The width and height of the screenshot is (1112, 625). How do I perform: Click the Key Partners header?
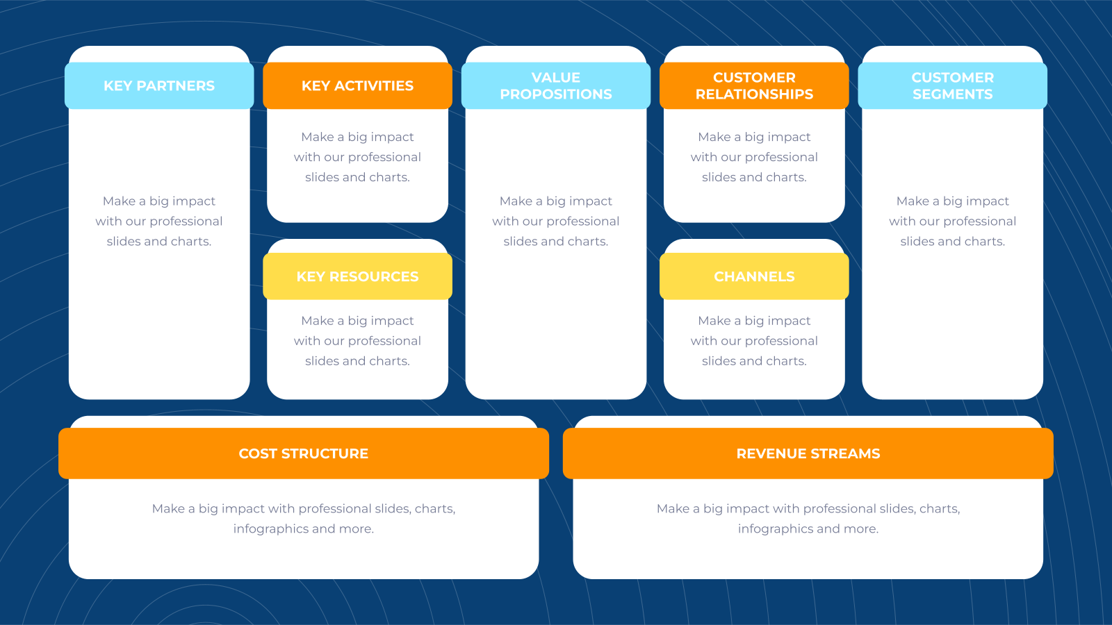[159, 85]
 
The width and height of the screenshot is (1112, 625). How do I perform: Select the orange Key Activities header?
[357, 85]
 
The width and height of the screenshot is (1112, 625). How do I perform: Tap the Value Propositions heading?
[556, 85]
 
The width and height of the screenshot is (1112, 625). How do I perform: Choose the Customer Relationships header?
[754, 85]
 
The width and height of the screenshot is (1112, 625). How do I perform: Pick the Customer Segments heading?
[953, 85]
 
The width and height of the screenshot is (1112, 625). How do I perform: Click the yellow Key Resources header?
[357, 276]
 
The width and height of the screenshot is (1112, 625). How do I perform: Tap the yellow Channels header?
[754, 276]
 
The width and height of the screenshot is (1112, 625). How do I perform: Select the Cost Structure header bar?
[304, 453]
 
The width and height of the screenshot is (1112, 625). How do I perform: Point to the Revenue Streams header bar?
[808, 453]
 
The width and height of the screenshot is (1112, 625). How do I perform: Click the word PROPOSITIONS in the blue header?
[556, 94]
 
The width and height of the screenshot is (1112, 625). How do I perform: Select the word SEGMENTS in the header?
[953, 94]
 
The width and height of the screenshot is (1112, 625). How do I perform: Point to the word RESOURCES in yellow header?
[374, 276]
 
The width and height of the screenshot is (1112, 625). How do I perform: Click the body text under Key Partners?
[159, 222]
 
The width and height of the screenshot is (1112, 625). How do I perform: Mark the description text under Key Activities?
[357, 157]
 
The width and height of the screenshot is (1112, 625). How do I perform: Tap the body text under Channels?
[754, 341]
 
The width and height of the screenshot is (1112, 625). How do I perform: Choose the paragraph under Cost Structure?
[304, 518]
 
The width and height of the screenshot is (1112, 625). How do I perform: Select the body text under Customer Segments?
[953, 222]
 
